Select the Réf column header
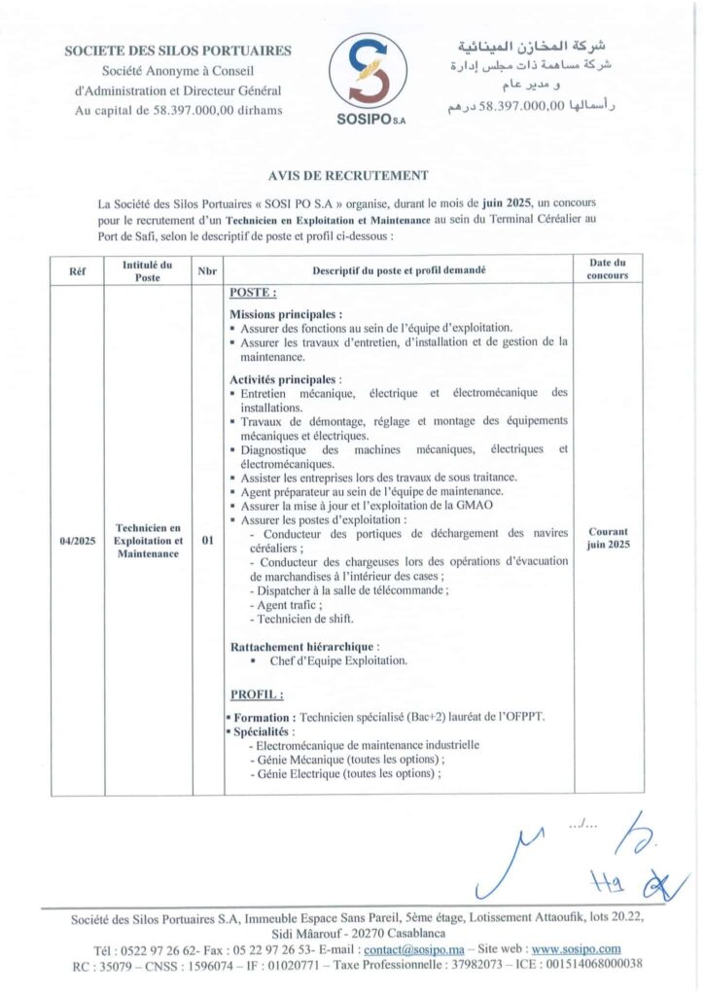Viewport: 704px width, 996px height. (x=78, y=270)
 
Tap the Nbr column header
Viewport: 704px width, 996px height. (x=206, y=270)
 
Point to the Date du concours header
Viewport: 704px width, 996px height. (x=608, y=269)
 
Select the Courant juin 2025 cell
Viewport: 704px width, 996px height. (x=608, y=539)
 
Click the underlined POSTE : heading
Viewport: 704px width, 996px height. (x=253, y=293)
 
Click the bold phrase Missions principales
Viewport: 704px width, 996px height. (x=285, y=315)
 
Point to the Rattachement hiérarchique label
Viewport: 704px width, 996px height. (x=303, y=646)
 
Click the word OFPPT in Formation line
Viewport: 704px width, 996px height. (x=522, y=717)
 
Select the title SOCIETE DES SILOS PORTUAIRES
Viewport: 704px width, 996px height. (x=178, y=51)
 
